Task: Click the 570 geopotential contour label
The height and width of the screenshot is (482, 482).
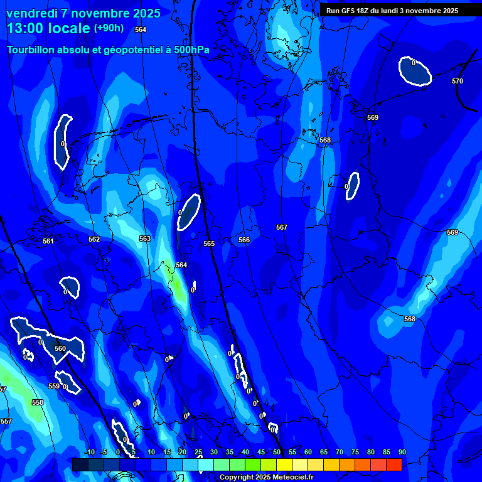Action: (458, 81)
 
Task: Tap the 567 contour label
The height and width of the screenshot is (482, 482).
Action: (282, 227)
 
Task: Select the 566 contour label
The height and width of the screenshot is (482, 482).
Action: (244, 240)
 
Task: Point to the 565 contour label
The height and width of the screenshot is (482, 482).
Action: (209, 244)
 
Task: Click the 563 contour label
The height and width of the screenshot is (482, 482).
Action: (145, 238)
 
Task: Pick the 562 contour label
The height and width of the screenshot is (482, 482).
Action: (94, 239)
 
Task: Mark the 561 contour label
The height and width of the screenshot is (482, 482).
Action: (48, 241)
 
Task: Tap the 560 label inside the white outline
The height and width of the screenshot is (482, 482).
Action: (60, 348)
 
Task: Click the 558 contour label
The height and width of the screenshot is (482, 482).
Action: (38, 402)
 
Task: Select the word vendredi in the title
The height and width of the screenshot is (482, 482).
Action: (33, 13)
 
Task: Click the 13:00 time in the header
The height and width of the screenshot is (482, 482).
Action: (26, 28)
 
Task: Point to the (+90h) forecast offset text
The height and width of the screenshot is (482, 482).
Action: (109, 28)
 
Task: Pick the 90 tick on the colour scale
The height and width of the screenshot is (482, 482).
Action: (402, 452)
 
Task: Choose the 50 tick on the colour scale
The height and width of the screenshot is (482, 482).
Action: (277, 452)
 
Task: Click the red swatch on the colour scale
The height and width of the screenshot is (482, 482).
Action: (394, 464)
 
